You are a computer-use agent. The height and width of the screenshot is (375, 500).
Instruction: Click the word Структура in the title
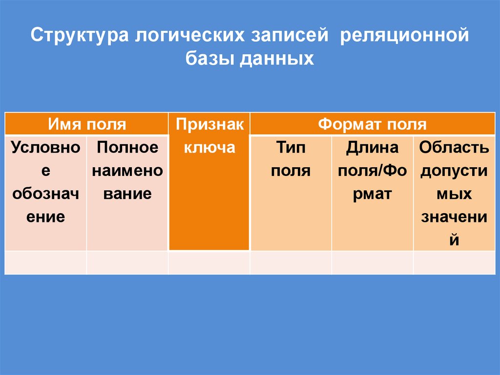click(79, 37)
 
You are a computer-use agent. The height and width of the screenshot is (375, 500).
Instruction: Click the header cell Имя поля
click(86, 124)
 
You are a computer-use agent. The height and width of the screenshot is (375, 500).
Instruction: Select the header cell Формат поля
click(372, 124)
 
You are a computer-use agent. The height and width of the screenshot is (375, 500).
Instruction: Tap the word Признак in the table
click(209, 124)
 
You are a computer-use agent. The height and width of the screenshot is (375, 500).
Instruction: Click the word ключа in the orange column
click(209, 147)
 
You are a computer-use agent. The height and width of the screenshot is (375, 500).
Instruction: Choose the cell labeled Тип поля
click(291, 158)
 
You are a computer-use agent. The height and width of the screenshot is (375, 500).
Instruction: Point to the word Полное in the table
click(127, 147)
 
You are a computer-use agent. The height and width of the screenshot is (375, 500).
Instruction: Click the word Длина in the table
click(372, 147)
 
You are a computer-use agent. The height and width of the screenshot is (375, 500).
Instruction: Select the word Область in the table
click(454, 147)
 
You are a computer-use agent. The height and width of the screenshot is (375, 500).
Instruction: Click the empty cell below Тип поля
click(291, 263)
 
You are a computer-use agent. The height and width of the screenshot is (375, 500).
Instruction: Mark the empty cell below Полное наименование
click(127, 263)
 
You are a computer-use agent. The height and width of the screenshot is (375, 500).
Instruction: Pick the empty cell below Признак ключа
click(209, 263)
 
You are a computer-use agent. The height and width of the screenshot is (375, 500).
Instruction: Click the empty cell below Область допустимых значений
click(454, 263)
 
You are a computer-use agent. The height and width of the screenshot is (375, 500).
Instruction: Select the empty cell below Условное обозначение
click(46, 263)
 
